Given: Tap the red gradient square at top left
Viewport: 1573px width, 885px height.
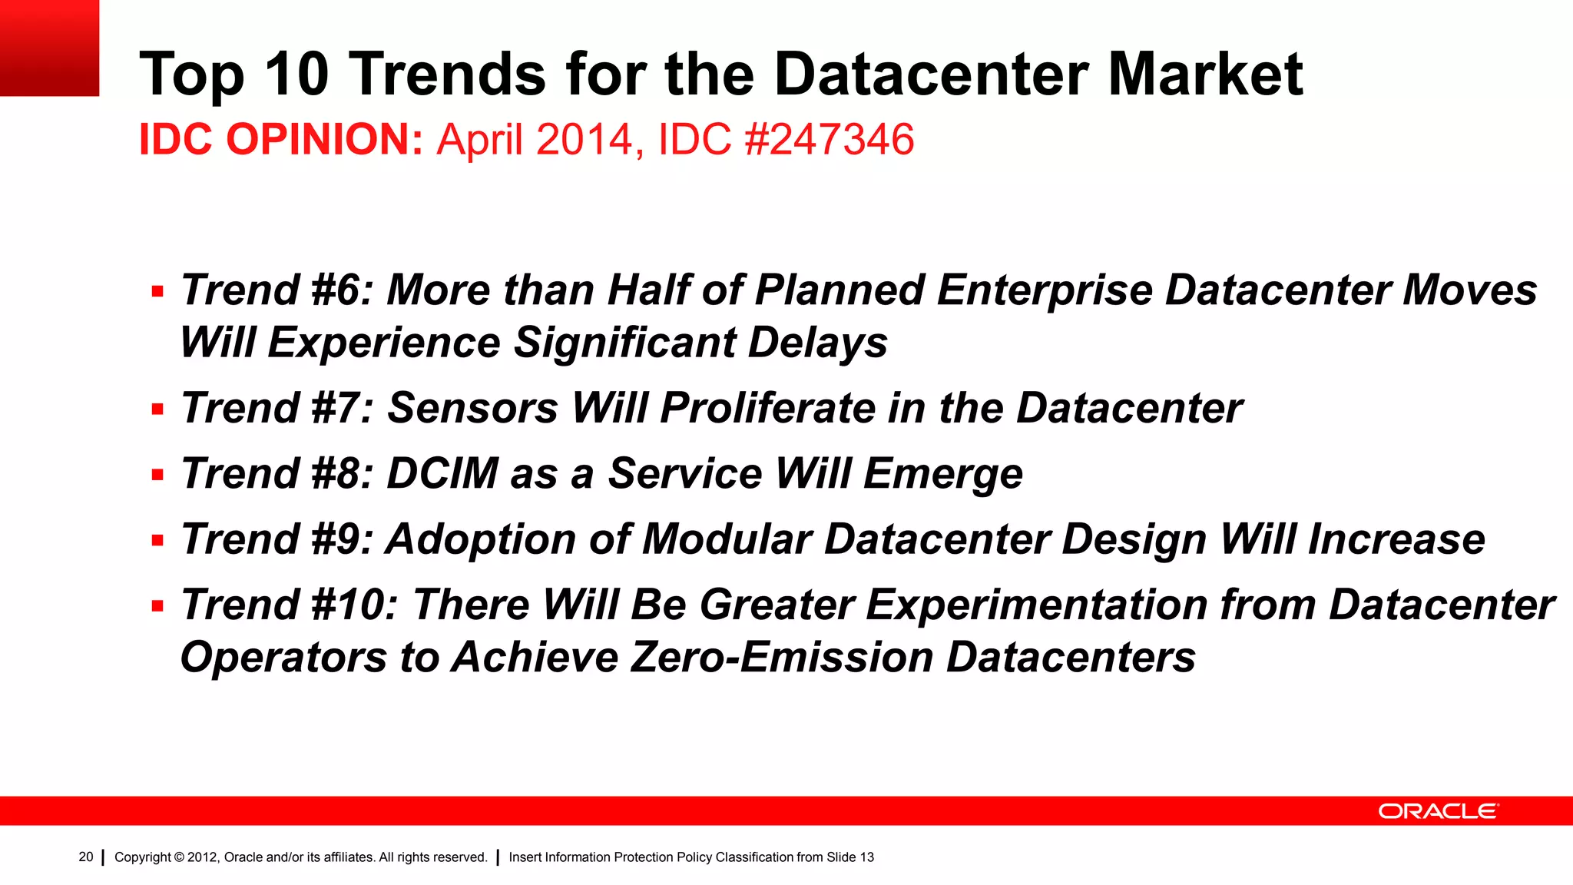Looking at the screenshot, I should coord(49,48).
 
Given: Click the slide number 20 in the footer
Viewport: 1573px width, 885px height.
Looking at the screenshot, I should coord(86,857).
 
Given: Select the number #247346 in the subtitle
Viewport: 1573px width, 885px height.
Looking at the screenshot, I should coord(830,140).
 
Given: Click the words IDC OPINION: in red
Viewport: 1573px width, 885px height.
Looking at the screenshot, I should coord(280,140).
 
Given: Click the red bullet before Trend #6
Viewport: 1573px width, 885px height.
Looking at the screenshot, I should coord(157,292).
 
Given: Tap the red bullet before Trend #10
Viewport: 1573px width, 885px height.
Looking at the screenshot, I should coord(157,606).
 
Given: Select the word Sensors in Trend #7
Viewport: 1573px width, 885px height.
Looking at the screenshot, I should coord(472,408).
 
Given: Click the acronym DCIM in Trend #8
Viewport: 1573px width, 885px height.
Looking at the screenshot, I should coord(442,473).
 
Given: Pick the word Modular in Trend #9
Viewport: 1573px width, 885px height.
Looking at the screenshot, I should coord(727,539).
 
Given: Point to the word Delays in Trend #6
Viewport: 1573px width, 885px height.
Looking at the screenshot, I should coord(817,343).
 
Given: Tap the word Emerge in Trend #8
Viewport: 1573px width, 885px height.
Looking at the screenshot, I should coord(943,474).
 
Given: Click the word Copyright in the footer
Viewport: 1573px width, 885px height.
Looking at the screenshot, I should coord(142,857).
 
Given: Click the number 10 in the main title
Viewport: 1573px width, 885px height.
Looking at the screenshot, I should coord(296,75).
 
